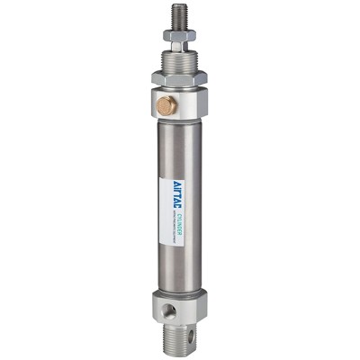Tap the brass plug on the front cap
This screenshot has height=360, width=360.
tap(166, 106)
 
